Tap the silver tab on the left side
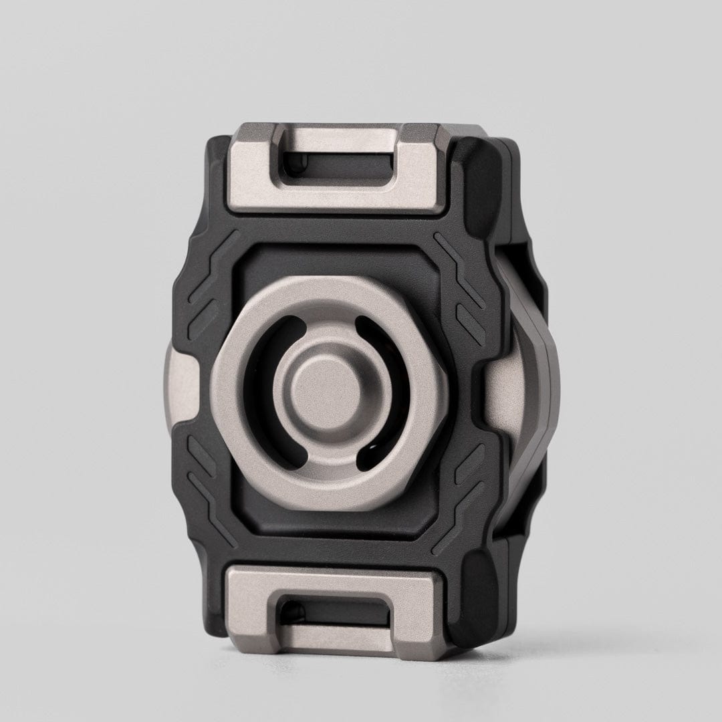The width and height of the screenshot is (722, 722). click(x=178, y=388)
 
